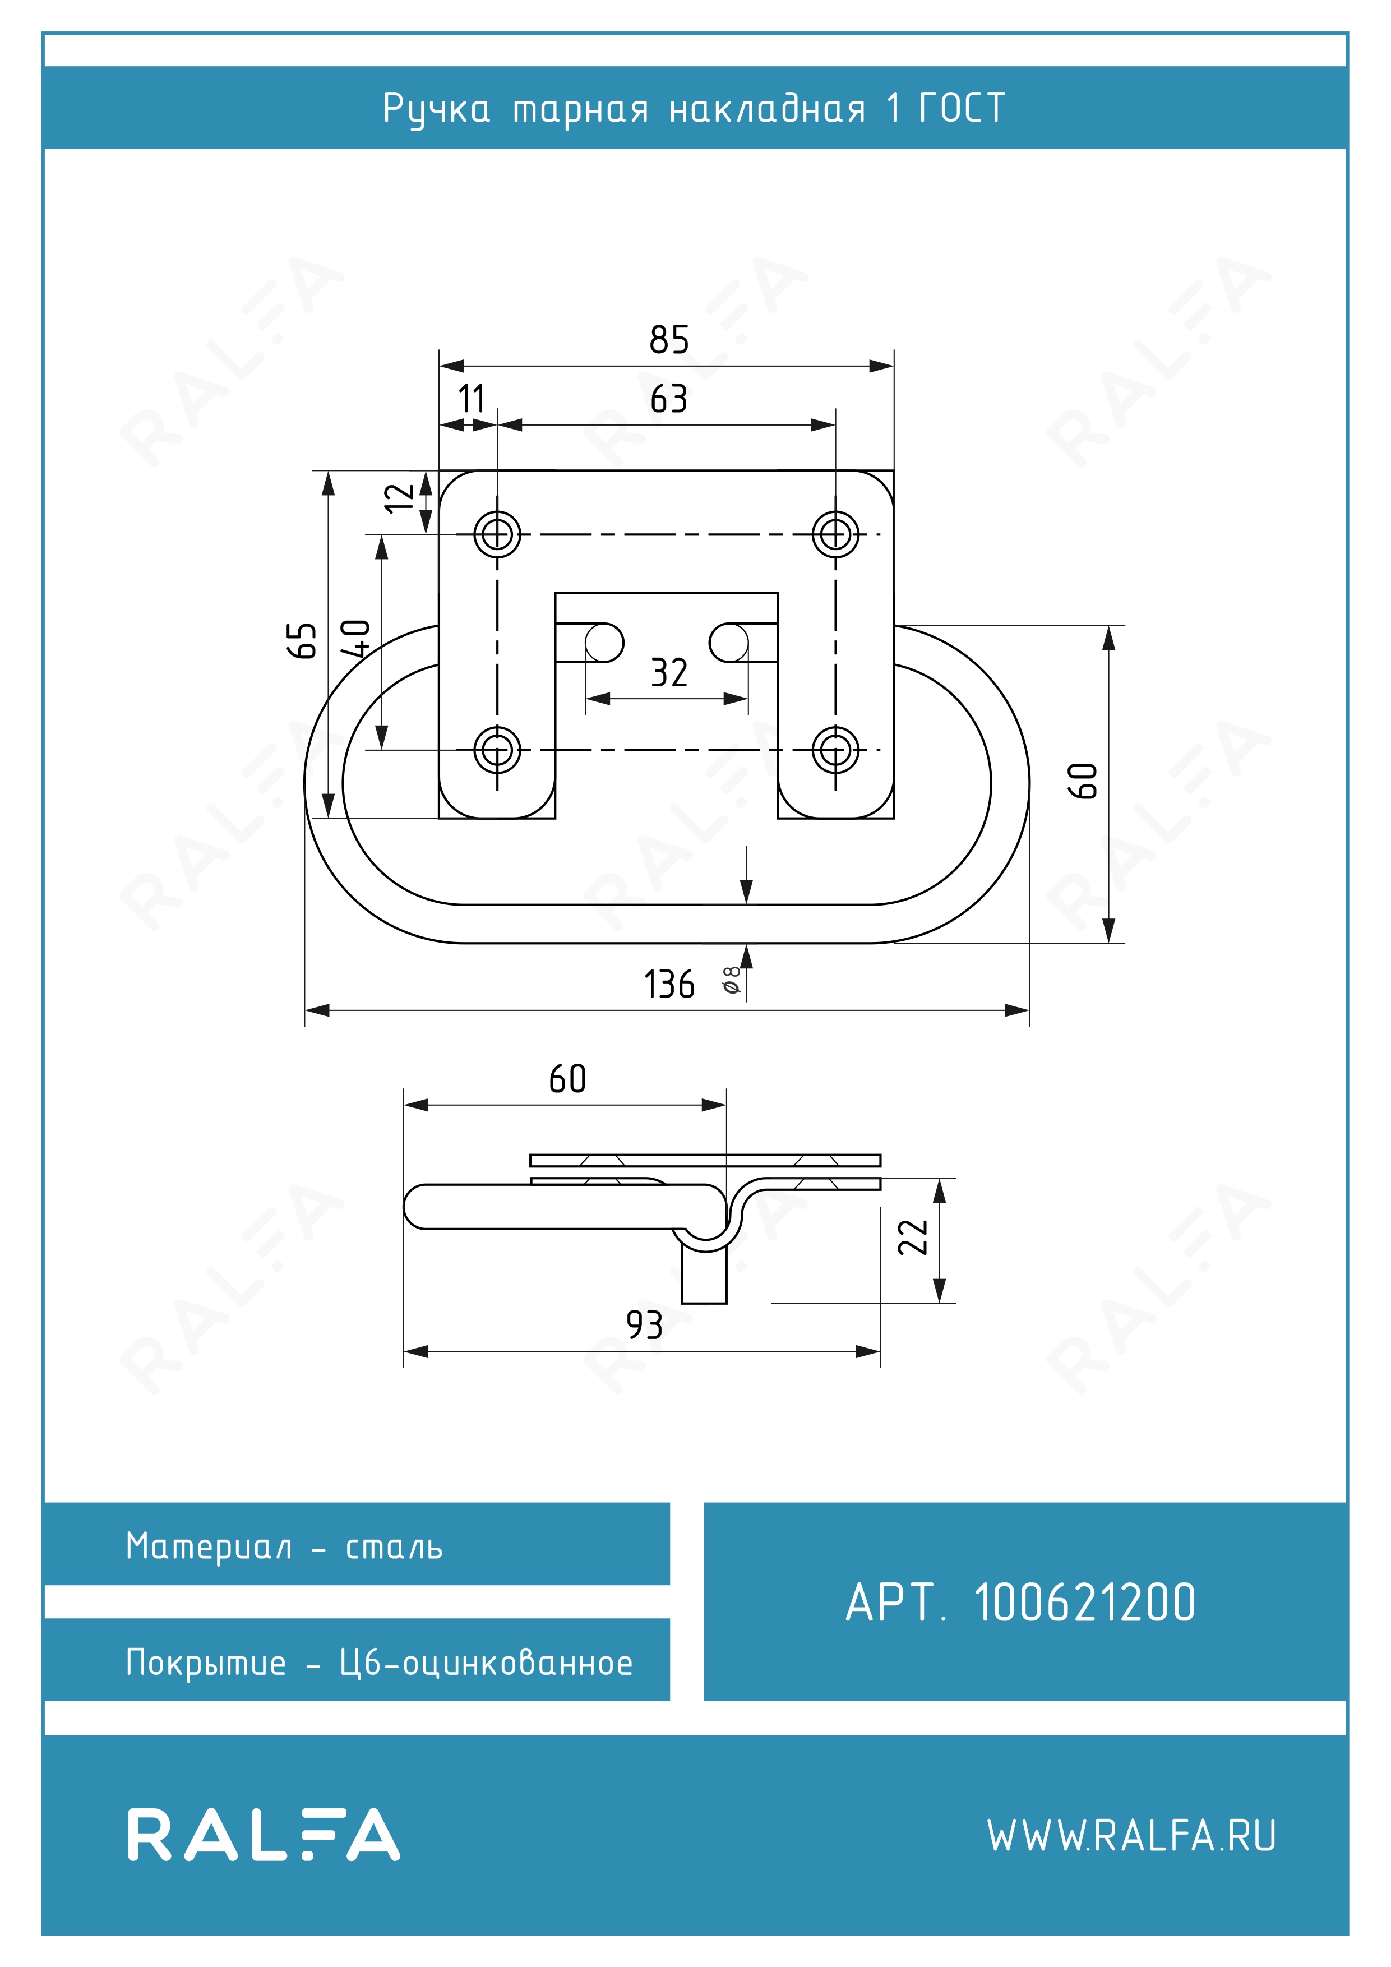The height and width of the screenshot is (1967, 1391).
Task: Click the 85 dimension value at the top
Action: pyautogui.click(x=669, y=340)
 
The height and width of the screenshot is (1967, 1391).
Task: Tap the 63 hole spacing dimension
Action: pyautogui.click(x=669, y=399)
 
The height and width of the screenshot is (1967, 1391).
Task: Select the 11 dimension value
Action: pyautogui.click(x=471, y=399)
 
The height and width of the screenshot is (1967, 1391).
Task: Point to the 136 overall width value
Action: pyautogui.click(x=669, y=985)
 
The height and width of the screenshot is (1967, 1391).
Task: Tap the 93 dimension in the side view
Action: pyautogui.click(x=644, y=1326)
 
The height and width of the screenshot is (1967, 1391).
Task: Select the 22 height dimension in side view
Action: pyautogui.click(x=913, y=1237)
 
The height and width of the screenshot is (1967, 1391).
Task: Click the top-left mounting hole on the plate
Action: pyautogui.click(x=497, y=534)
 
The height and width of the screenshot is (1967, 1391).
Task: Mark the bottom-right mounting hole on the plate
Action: pyautogui.click(x=835, y=750)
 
